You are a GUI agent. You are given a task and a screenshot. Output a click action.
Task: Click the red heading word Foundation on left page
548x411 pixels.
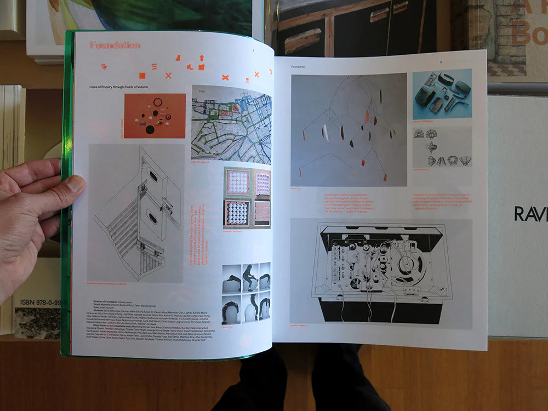click(115, 45)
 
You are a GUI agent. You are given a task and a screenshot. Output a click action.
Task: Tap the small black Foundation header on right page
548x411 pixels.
click(299, 66)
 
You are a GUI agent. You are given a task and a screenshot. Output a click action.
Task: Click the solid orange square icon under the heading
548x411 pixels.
click(142, 76)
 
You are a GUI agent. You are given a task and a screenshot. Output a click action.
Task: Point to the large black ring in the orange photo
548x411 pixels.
click(158, 102)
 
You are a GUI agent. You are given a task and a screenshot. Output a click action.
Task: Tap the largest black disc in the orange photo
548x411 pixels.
click(150, 130)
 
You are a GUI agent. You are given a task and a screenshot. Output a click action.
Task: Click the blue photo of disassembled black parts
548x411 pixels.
click(442, 94)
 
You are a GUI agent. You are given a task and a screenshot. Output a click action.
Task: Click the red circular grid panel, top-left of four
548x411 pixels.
click(238, 181)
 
